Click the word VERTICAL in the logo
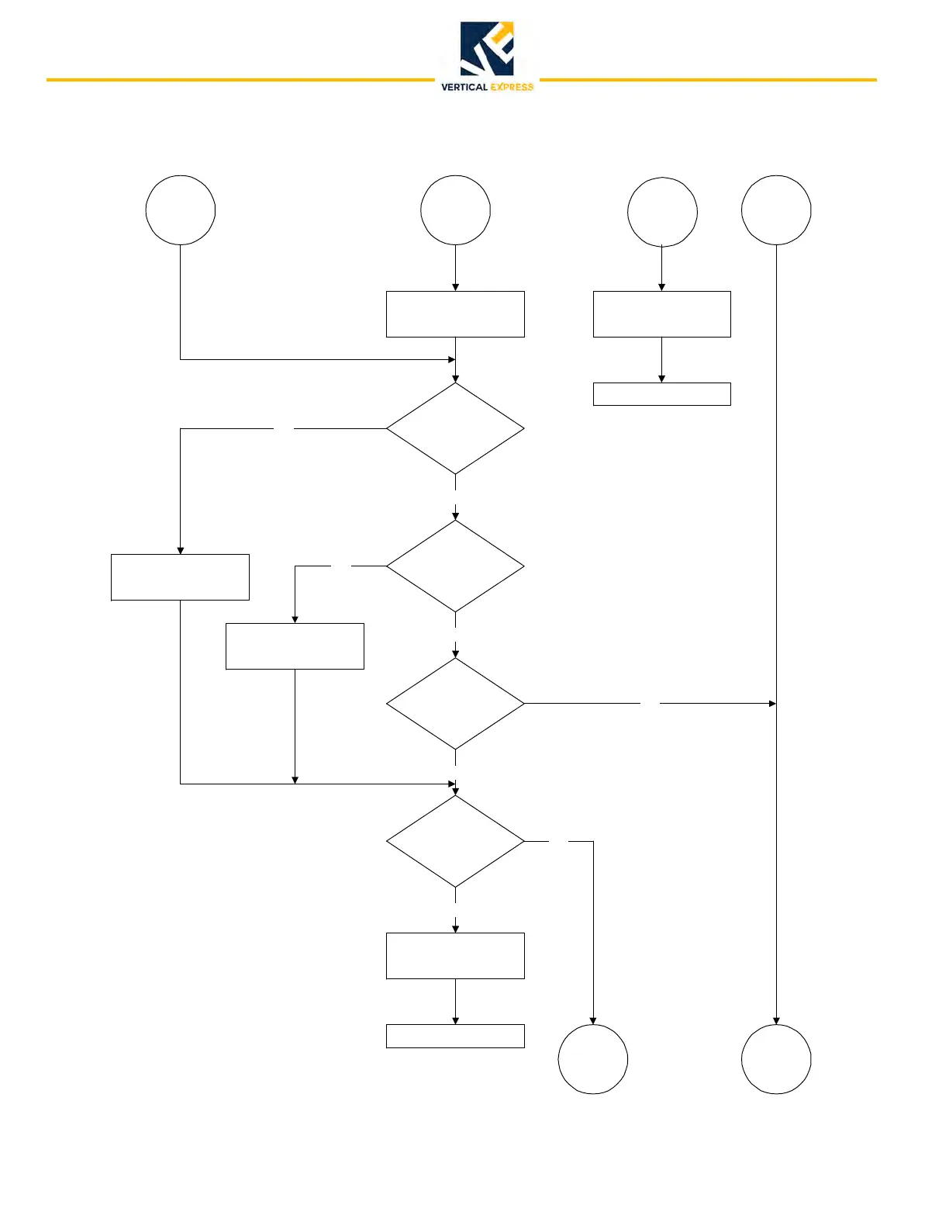pos(464,87)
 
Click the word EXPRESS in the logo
pos(512,87)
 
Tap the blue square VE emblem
pos(487,49)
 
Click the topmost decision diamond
pos(455,428)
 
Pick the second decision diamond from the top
pos(455,566)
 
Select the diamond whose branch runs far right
pos(455,704)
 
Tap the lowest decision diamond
pos(455,841)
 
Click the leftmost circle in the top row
pos(181,210)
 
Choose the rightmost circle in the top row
pos(776,210)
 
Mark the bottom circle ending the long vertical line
pos(776,1059)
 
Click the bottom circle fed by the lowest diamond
pos(593,1059)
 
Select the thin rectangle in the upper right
pos(661,394)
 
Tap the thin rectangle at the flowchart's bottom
pos(455,1037)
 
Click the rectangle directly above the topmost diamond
pos(455,314)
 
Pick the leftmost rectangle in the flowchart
pos(180,577)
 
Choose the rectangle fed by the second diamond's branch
pos(295,646)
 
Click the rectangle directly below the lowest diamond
pos(455,956)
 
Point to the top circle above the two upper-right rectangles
pos(662,212)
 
